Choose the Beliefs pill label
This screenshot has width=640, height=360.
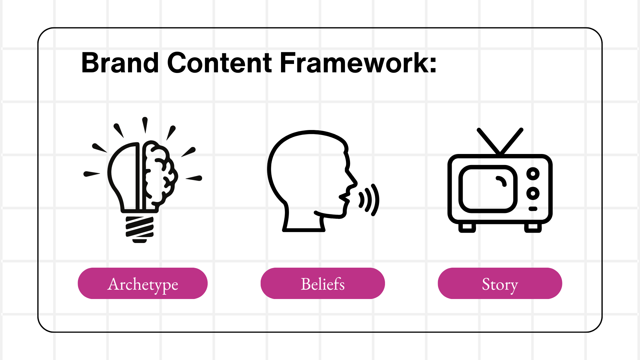[323, 284]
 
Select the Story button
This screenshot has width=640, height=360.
[500, 284]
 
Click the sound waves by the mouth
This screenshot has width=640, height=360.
[370, 200]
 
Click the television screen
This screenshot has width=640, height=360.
[488, 189]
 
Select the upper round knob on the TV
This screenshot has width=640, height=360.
[533, 174]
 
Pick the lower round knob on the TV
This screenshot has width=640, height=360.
[533, 193]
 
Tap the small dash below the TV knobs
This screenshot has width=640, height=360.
[533, 209]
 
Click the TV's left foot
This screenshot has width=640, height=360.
[467, 228]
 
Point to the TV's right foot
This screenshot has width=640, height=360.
[533, 228]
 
